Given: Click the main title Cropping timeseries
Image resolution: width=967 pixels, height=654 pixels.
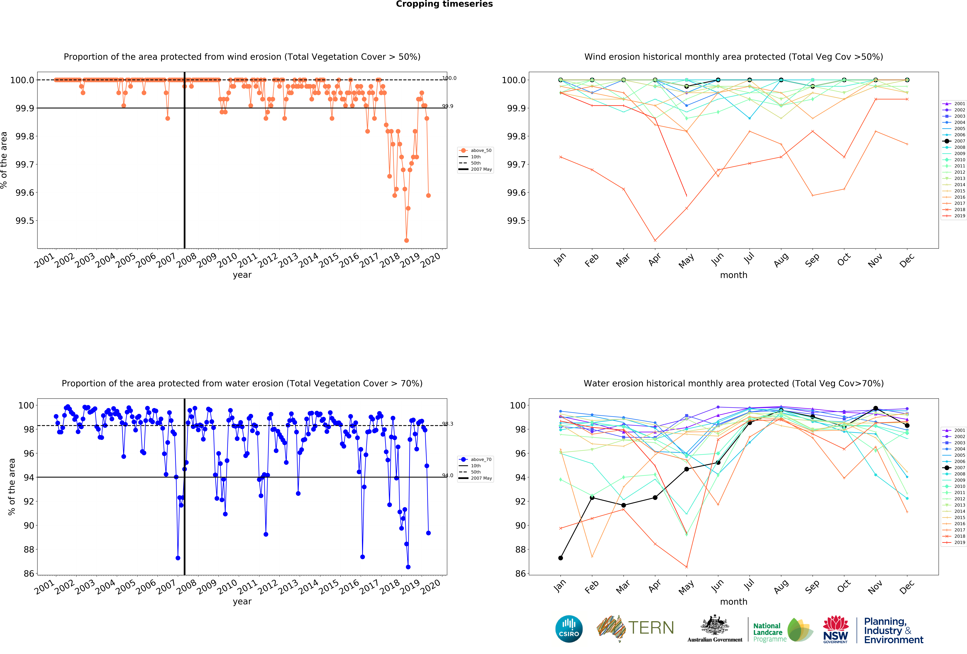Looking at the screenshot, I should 444,4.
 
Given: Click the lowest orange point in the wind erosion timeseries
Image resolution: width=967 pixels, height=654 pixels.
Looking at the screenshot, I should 407,240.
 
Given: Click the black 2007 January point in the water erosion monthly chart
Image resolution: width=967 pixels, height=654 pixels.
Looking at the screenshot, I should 560,558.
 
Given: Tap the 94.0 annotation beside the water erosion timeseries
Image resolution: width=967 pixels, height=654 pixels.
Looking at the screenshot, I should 448,475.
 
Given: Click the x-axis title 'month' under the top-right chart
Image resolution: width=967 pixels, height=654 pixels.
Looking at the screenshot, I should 734,275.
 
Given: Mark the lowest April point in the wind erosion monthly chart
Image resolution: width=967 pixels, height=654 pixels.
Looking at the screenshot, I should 655,240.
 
